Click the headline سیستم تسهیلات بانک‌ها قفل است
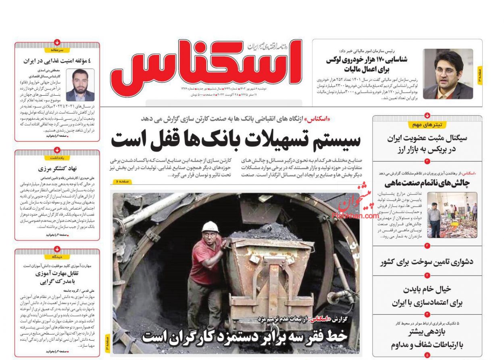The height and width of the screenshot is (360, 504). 236,139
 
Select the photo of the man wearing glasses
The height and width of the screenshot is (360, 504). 448,74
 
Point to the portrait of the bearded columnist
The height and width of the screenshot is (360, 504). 80,85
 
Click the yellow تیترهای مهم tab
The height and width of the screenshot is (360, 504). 427,125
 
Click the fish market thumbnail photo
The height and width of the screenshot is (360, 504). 452,215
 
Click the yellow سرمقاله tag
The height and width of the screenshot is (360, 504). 57,50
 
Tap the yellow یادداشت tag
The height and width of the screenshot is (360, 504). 57,157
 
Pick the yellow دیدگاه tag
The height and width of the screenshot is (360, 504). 57,257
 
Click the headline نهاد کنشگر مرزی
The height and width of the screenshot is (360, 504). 57,169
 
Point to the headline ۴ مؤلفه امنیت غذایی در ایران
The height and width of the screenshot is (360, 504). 57,61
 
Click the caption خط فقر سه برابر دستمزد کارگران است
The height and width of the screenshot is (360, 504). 244,336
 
